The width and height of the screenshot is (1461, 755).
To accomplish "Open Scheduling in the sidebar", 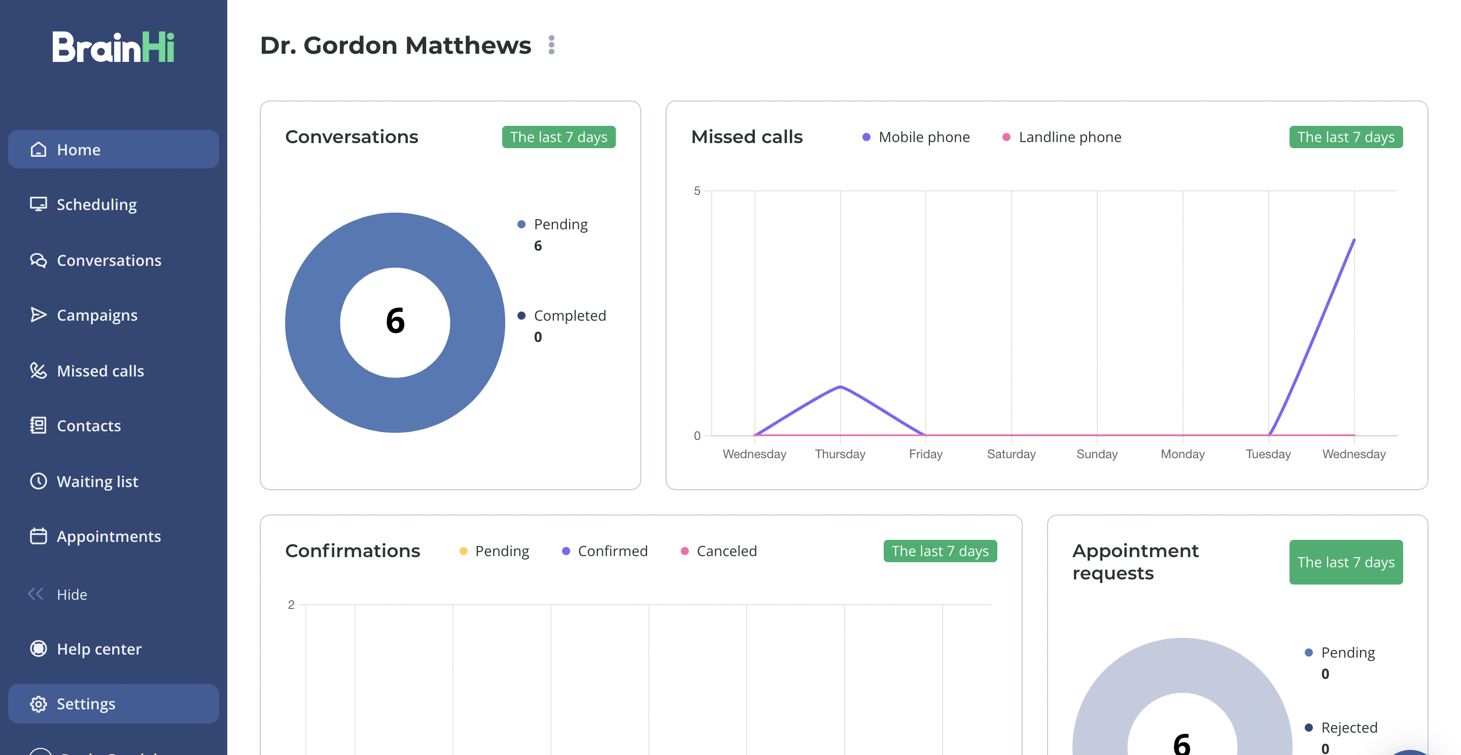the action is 96,204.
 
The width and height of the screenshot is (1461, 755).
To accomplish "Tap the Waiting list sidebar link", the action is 97,482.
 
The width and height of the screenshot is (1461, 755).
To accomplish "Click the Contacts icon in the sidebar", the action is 38,425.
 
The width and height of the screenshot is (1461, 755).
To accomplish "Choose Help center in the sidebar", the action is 99,648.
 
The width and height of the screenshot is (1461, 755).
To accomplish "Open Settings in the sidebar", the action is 86,703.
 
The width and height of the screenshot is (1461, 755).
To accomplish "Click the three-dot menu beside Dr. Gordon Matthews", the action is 551,45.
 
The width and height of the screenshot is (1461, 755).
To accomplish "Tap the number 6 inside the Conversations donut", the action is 395,321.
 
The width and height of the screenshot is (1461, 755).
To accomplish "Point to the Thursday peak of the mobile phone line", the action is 840,387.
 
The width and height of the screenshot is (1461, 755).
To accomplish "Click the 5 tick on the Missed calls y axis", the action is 697,191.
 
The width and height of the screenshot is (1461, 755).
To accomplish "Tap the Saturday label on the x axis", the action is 1011,454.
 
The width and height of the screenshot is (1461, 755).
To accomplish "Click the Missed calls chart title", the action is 747,138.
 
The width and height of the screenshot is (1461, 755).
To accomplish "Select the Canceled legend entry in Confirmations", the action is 719,552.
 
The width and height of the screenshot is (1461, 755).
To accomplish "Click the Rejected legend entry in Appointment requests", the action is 1341,728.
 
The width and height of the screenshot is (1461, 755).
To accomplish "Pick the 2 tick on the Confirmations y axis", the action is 291,605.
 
